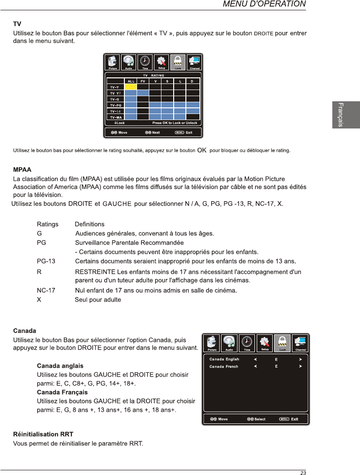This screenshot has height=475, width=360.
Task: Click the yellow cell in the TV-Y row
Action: [130, 87]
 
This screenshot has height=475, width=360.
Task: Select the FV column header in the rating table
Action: [143, 81]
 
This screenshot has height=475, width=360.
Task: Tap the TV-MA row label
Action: [115, 117]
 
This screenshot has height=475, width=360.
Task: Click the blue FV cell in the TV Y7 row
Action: [143, 93]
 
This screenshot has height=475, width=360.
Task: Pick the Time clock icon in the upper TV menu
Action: [146, 61]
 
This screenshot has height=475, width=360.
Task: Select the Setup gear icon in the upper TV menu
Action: [161, 61]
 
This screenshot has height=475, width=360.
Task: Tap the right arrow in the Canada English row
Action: [299, 359]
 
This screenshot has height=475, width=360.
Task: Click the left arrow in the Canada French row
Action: [255, 366]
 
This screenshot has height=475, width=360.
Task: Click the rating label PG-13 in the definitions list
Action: [46, 261]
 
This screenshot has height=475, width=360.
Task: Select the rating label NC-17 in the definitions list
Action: [46, 291]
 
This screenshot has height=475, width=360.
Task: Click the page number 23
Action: [303, 473]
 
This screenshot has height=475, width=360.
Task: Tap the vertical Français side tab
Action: [345, 115]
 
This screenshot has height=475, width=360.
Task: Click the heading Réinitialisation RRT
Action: [43, 434]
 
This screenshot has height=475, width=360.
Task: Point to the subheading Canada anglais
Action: [60, 366]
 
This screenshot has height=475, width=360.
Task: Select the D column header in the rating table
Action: [192, 81]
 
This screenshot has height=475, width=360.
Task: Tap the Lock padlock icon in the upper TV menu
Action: [178, 61]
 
